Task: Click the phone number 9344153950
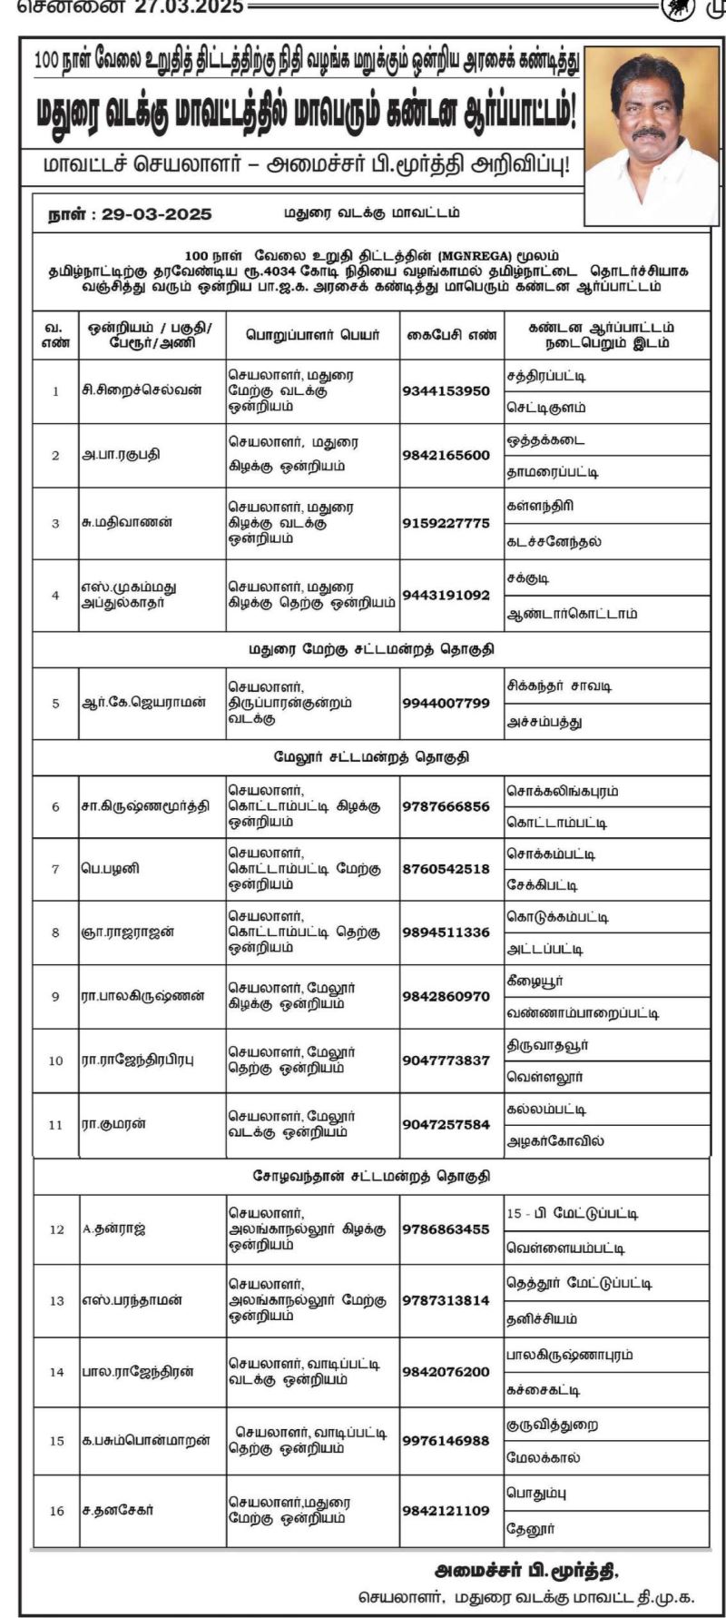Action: click(446, 391)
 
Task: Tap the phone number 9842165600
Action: click(446, 455)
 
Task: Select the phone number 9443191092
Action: click(446, 596)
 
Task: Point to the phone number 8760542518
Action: click(446, 869)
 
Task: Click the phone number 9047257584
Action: click(446, 1125)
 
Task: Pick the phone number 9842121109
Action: click(446, 1511)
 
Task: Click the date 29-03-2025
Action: click(156, 214)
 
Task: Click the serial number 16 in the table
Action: click(57, 1511)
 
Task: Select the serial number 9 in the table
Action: click(55, 997)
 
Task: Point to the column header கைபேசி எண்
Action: click(452, 335)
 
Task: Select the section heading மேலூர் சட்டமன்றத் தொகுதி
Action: click(372, 757)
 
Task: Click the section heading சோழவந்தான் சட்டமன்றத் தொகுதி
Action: click(372, 1177)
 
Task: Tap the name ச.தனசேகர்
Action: click(117, 1510)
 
